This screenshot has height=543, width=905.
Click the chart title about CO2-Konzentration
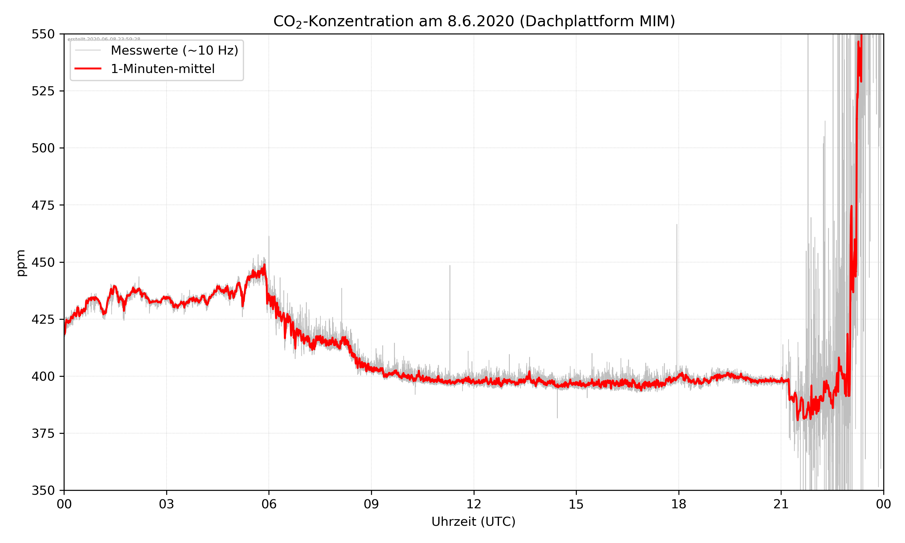click(474, 21)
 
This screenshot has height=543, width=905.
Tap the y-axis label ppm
click(21, 263)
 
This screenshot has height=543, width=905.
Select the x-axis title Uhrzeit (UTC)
click(473, 521)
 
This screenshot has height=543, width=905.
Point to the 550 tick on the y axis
click(43, 34)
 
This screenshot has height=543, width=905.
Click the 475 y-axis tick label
click(43, 205)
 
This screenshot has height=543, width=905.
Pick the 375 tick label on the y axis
click(43, 433)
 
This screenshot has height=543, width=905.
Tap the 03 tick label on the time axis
click(167, 504)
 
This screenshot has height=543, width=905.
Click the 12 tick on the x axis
click(474, 504)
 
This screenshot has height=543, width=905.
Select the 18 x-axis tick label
click(678, 504)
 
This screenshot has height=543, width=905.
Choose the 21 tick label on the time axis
click(781, 504)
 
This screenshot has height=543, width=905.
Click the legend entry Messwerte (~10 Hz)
click(174, 50)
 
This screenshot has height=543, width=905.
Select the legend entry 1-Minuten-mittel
click(163, 69)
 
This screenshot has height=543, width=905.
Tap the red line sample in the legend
click(88, 69)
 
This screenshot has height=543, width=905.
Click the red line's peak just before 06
click(265, 265)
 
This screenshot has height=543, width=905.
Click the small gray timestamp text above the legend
click(104, 39)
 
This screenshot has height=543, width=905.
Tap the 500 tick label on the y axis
click(43, 148)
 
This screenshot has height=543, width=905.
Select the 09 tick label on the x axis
click(371, 504)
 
